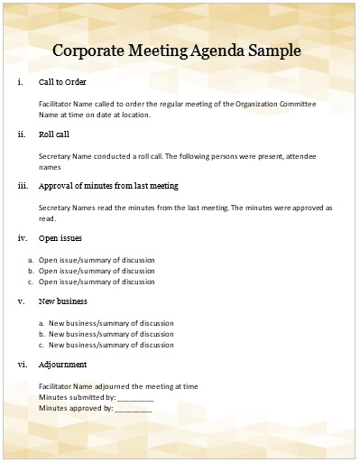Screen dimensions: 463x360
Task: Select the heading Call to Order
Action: point(62,82)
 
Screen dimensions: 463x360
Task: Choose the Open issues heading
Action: point(60,238)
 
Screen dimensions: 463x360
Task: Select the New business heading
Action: point(62,301)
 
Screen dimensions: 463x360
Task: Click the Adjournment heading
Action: point(63,365)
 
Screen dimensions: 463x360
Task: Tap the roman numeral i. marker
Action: point(21,82)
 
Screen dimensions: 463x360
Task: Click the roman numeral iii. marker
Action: point(23,186)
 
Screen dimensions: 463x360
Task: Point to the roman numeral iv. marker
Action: point(23,238)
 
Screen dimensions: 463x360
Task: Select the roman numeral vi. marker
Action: point(23,365)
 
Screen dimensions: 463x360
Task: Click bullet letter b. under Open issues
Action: point(32,271)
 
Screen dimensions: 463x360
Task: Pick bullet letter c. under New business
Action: point(42,345)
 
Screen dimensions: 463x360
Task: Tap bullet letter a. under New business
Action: point(42,323)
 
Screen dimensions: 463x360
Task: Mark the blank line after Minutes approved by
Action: point(134,409)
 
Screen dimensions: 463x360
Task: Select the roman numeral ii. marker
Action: point(22,134)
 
